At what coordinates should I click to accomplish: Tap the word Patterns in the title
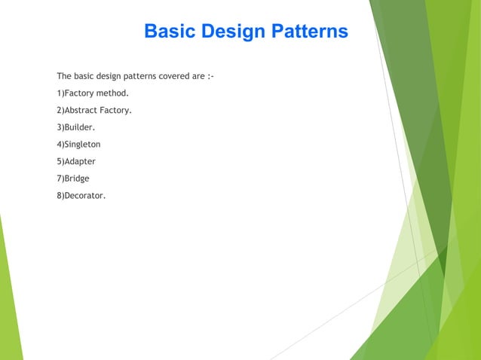click(308, 32)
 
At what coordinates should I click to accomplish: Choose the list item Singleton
click(82, 144)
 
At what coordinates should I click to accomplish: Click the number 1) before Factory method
click(60, 93)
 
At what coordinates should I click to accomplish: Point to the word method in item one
click(112, 93)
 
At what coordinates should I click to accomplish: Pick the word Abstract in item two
click(81, 110)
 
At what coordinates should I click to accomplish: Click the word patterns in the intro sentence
click(138, 76)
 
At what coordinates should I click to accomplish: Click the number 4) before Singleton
click(60, 144)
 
